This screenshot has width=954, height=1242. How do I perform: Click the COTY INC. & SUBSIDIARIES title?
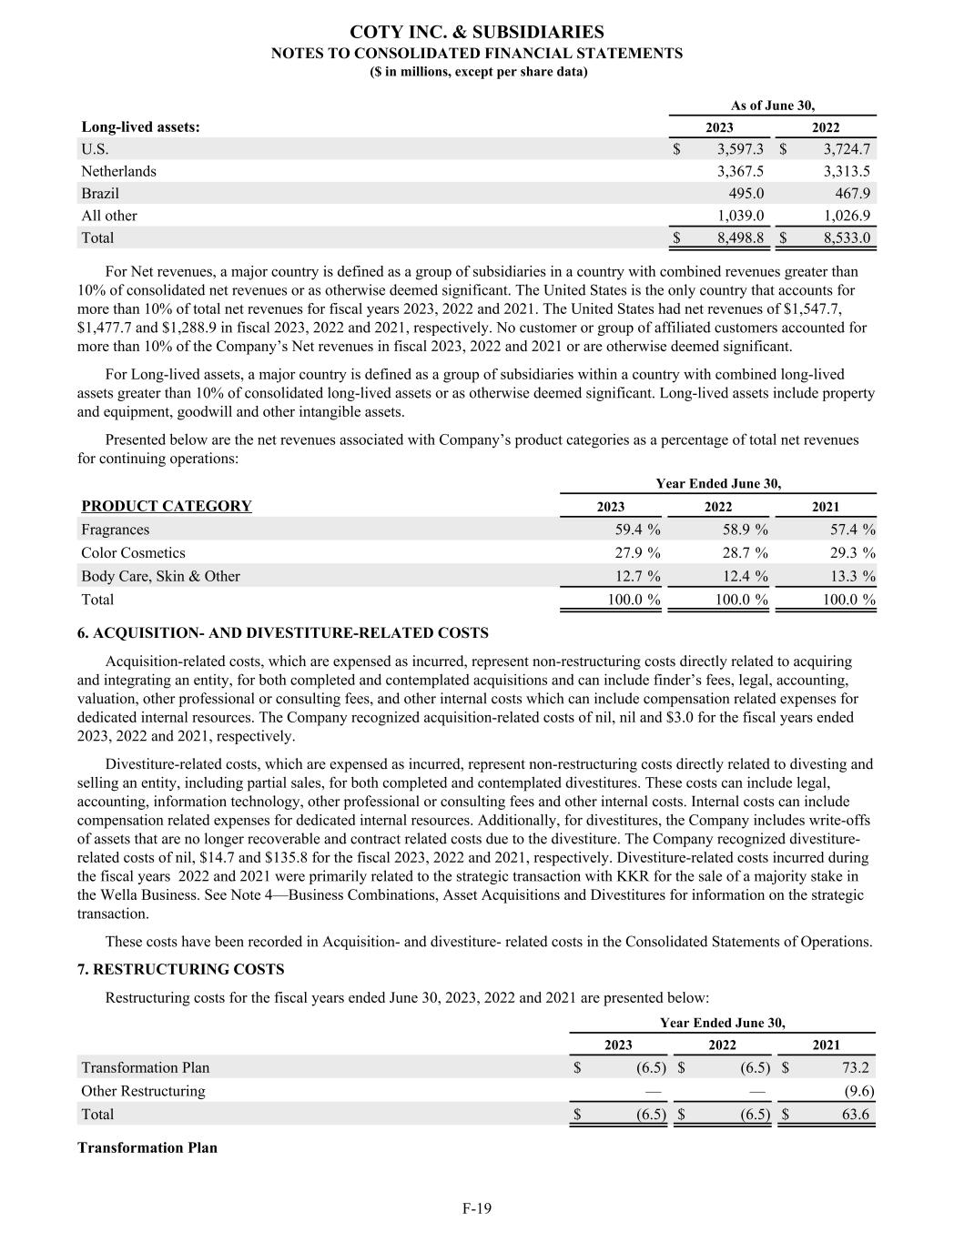pos(476,33)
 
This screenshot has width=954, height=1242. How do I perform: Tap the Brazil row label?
pos(100,193)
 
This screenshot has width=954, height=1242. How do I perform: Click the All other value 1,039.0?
pos(740,216)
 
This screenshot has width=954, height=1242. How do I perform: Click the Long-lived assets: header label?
pos(140,127)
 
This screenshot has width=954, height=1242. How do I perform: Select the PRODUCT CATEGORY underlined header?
pos(167,506)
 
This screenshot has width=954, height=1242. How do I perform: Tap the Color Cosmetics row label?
pos(133,553)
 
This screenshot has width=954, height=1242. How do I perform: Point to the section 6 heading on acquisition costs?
pos(283,632)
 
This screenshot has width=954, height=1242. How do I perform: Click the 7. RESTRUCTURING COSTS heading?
pos(180,969)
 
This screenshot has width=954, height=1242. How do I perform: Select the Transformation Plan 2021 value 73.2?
pos(855,1067)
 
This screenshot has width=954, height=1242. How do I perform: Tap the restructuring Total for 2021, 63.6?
pos(855,1114)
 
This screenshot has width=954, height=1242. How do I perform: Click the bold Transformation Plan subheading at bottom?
pos(147,1147)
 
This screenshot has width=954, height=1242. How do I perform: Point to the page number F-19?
pos(476,1208)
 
